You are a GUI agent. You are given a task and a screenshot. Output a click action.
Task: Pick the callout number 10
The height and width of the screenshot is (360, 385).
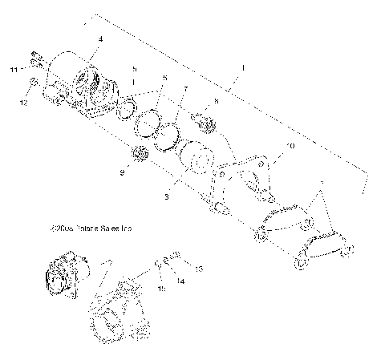290,146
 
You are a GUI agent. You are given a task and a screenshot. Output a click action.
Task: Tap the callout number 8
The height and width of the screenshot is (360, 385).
216,102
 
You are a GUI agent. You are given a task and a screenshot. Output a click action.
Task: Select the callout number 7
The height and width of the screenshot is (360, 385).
185,90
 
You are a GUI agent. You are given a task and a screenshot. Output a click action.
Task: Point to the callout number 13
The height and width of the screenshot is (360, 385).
200,269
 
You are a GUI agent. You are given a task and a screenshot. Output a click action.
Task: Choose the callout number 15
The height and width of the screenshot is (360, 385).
160,288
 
